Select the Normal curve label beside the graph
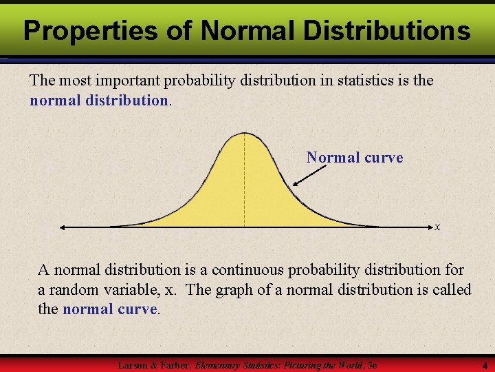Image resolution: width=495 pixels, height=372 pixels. pyautogui.click(x=355, y=158)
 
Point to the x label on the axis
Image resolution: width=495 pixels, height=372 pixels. pyautogui.click(x=437, y=227)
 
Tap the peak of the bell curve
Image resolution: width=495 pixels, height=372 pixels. pyautogui.click(x=244, y=133)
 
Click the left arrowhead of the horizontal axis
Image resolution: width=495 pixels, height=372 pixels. pyautogui.click(x=63, y=227)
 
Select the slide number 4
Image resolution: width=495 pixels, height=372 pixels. pyautogui.click(x=484, y=365)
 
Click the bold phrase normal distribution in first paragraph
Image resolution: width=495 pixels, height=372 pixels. pyautogui.click(x=99, y=100)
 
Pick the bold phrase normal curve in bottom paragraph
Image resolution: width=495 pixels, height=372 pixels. pyautogui.click(x=110, y=309)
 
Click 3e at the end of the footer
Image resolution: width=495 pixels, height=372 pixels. pyautogui.click(x=372, y=365)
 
